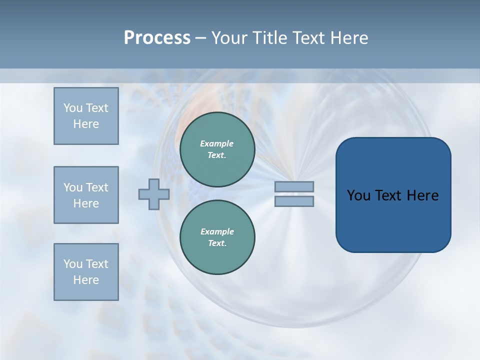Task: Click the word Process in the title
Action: pyautogui.click(x=157, y=38)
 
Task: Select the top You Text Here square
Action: pyautogui.click(x=86, y=116)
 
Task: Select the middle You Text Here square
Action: pyautogui.click(x=86, y=195)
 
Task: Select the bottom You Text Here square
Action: pyautogui.click(x=86, y=272)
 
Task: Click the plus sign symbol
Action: pyautogui.click(x=154, y=194)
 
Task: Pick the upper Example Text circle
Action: pyautogui.click(x=217, y=149)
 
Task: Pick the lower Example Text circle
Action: pyautogui.click(x=217, y=237)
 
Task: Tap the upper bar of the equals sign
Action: pyautogui.click(x=294, y=186)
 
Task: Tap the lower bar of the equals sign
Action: pyautogui.click(x=294, y=201)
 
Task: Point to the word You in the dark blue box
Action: pyautogui.click(x=358, y=195)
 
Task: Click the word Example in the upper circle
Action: pyautogui.click(x=216, y=143)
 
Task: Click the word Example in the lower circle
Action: pyautogui.click(x=217, y=231)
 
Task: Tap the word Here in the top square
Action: pyautogui.click(x=86, y=124)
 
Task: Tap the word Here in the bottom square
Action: pyautogui.click(x=86, y=280)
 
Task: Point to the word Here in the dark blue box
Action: pyautogui.click(x=422, y=195)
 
